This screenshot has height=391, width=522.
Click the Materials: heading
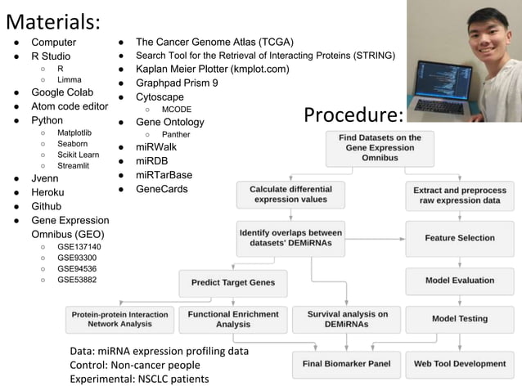(x=53, y=20)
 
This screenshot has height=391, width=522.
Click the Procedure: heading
(x=353, y=115)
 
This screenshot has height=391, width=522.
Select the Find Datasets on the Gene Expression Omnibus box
(x=380, y=148)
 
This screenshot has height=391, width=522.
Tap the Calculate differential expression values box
(x=290, y=195)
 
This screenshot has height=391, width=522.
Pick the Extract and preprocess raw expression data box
(x=459, y=195)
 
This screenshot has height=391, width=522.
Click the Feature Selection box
(x=459, y=238)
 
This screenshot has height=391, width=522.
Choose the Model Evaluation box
(x=459, y=281)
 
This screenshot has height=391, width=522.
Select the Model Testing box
(x=459, y=319)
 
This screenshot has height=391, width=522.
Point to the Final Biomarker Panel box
(x=346, y=364)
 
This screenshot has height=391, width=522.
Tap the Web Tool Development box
(x=459, y=364)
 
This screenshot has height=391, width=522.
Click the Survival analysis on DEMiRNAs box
(x=347, y=319)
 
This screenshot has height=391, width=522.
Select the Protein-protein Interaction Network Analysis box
(x=119, y=319)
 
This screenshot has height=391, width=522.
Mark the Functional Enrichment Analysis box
(x=232, y=319)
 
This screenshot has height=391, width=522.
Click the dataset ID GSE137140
(x=79, y=246)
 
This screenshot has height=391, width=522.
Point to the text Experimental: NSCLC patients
(x=139, y=379)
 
